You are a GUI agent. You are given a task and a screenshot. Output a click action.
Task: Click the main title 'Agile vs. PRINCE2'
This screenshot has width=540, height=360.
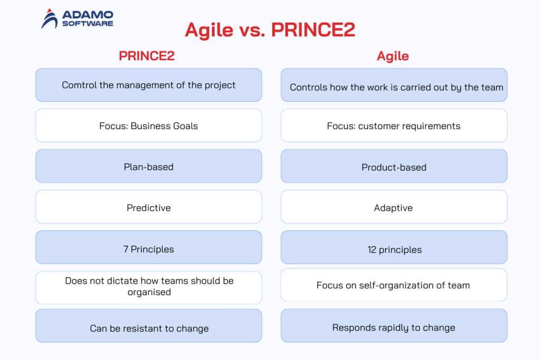click(x=269, y=30)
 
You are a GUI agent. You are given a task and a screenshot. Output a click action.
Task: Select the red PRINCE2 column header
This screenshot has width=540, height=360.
click(x=147, y=56)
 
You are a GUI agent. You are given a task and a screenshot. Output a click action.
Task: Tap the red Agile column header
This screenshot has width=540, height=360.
click(x=393, y=56)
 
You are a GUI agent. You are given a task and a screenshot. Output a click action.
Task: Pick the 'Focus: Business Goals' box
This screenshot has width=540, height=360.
click(x=149, y=126)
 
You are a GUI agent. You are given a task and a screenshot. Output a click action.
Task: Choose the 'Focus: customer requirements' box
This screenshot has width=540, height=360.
click(x=393, y=126)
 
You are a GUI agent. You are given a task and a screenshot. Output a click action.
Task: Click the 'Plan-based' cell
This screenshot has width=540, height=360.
click(x=149, y=167)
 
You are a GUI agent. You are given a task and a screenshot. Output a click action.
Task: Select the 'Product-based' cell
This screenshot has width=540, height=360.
click(x=393, y=167)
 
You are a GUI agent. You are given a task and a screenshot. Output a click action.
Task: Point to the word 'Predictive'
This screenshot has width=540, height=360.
click(x=149, y=208)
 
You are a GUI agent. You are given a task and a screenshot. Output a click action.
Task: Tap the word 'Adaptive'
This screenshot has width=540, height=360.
click(x=393, y=208)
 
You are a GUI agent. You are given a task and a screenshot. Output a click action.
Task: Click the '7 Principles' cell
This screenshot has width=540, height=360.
click(x=149, y=249)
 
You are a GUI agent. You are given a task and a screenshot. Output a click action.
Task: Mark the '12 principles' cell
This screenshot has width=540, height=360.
click(x=393, y=250)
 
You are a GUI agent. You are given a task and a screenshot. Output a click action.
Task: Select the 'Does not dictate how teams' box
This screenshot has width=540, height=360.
click(x=149, y=287)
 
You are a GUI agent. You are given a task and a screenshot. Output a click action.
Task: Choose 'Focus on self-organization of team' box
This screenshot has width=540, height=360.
click(x=393, y=285)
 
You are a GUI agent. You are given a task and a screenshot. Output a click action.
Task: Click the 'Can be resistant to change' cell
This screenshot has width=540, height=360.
click(x=149, y=328)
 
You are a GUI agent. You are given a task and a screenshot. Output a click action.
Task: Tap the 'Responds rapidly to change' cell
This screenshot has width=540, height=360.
click(x=393, y=327)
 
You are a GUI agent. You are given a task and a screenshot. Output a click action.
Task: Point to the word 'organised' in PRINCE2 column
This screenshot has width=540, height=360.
click(x=149, y=293)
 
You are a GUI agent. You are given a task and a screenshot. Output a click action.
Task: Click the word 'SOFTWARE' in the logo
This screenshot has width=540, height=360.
click(x=88, y=23)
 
